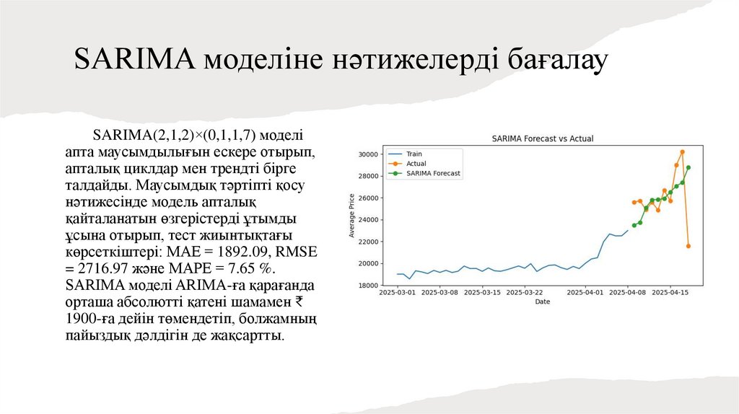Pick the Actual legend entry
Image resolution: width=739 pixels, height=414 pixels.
[416, 164]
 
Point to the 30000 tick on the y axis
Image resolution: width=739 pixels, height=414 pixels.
[368, 154]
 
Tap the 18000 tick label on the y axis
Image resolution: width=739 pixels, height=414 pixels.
[368, 286]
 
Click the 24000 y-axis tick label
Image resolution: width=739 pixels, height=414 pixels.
[368, 220]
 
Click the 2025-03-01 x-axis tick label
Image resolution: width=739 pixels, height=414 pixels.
[397, 293]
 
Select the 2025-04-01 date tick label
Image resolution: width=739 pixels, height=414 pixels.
[585, 293]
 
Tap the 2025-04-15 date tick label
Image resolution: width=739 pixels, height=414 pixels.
[670, 293]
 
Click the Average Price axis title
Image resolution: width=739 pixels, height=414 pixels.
[351, 216]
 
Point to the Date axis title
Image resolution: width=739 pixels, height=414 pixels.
[542, 301]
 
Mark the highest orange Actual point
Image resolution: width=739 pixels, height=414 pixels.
[682, 152]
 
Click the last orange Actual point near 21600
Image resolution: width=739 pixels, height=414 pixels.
[688, 246]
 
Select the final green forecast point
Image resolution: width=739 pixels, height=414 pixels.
[688, 167]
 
